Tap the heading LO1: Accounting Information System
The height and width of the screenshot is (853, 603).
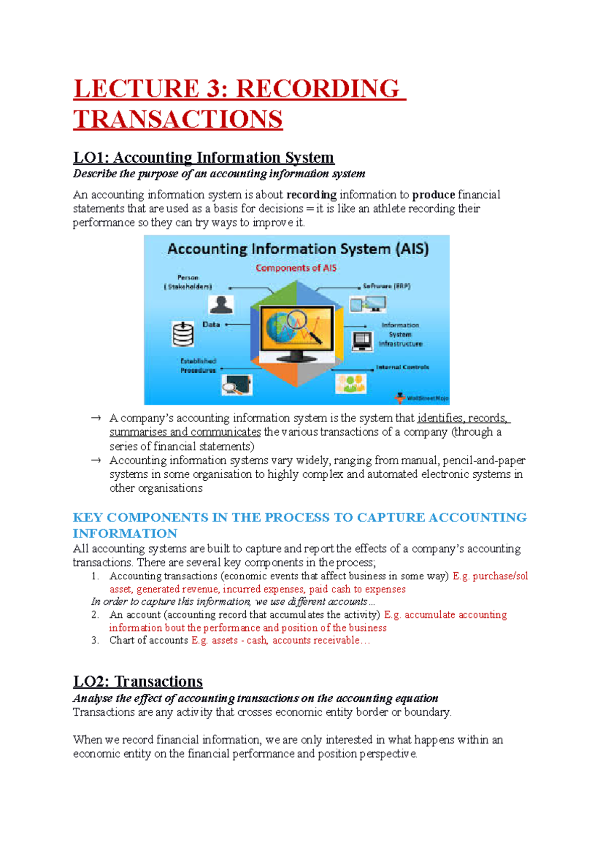[204, 158]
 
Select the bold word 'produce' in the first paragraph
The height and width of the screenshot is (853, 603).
[433, 195]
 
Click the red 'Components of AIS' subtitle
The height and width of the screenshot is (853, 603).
[296, 268]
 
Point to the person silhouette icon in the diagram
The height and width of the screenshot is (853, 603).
[221, 304]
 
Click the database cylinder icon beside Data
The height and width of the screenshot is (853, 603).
[183, 334]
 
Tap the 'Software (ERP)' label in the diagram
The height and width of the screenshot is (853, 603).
[386, 286]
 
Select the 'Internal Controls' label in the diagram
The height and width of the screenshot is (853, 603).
[402, 367]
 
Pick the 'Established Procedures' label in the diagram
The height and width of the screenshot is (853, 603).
[198, 366]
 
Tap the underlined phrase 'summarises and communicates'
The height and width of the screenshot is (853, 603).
[185, 432]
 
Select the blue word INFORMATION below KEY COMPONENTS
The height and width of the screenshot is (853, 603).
[125, 534]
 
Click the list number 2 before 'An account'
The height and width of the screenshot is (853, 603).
[95, 615]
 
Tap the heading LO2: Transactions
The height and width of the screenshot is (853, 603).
[138, 682]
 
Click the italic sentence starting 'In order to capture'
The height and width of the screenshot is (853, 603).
[233, 602]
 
